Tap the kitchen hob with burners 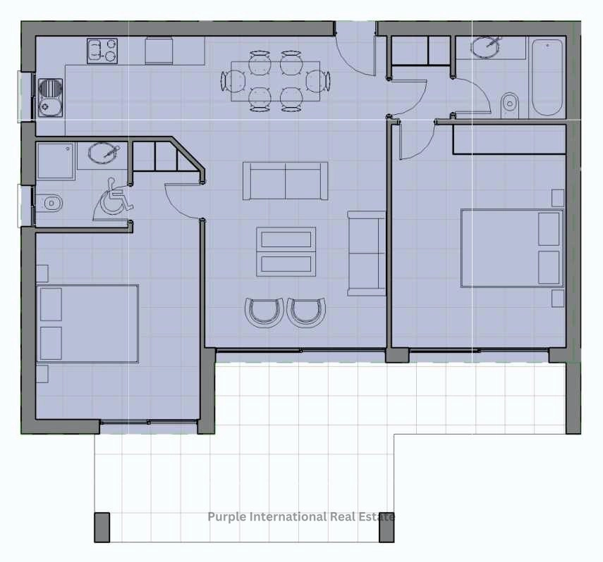pos(102,51)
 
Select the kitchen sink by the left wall pos(50,98)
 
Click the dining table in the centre pos(275,81)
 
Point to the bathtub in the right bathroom pos(547,77)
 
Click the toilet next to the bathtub pos(510,104)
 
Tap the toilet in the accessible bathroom pos(49,203)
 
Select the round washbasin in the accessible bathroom pos(102,153)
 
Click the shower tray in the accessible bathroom pos(56,161)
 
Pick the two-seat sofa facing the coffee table pos(286,180)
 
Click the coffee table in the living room pos(286,251)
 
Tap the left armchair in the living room pos(264,312)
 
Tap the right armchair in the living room pos(307,312)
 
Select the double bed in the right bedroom pos(512,248)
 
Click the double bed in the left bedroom pos(87,323)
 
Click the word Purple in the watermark pos(227,517)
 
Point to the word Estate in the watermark pos(377,517)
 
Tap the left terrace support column pos(102,527)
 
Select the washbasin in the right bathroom pos(486,47)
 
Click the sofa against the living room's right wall pos(367,254)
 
